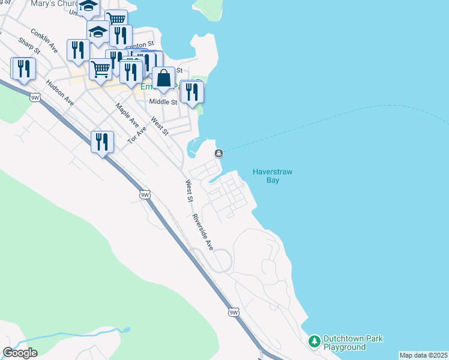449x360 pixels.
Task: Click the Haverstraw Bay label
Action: point(273,175)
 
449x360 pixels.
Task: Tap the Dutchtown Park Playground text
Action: point(353,343)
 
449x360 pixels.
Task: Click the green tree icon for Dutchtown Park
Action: point(314,342)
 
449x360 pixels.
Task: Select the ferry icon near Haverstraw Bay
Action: point(218,154)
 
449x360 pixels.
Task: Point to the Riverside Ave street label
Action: point(203,232)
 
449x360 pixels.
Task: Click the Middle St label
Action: point(163,102)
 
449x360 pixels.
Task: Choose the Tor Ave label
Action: point(137,135)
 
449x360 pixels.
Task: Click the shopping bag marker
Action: point(163,79)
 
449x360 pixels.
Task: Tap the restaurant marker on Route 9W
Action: point(102,143)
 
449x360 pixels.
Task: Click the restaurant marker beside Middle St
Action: point(192,92)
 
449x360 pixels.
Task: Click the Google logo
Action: point(20,353)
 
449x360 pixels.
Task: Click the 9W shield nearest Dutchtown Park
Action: point(234,313)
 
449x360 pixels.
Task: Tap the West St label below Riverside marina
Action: point(190,190)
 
